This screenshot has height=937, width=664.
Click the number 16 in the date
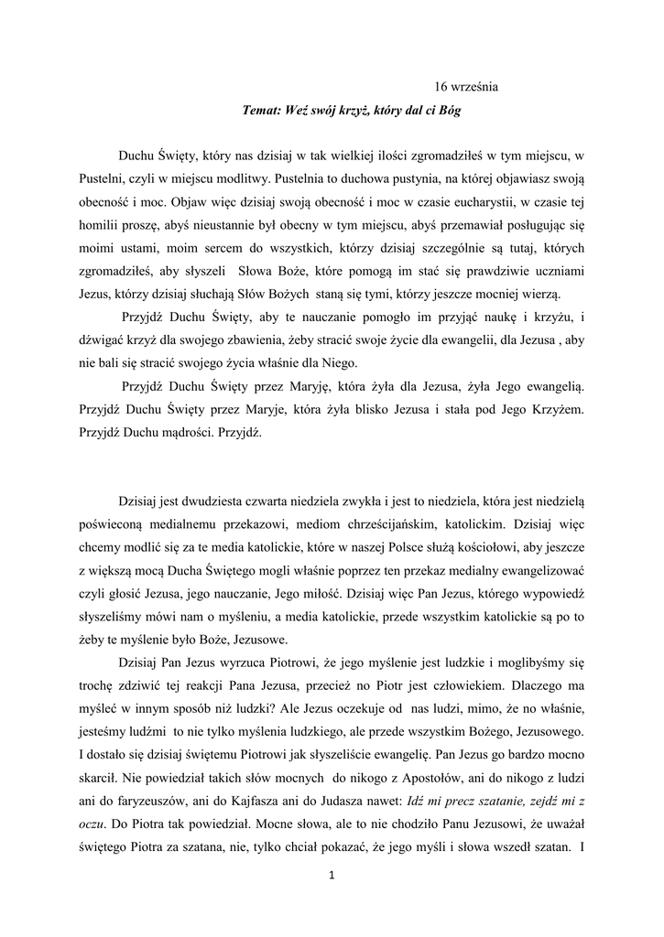click(x=441, y=87)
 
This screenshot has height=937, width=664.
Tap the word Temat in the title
click(x=260, y=111)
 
